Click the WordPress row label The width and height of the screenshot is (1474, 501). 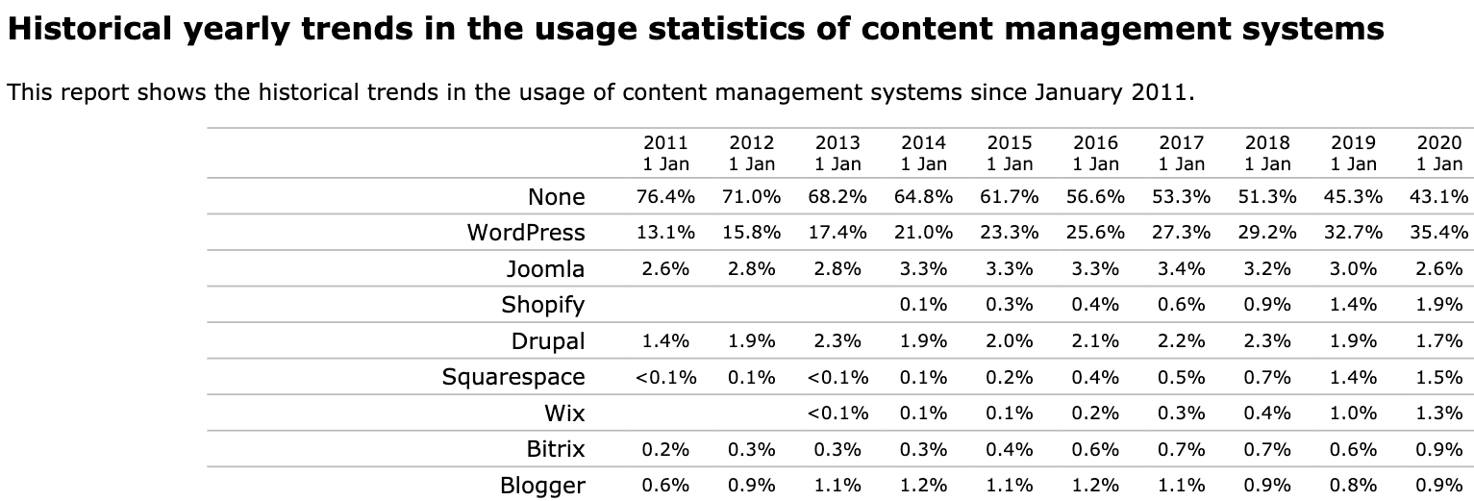tap(525, 233)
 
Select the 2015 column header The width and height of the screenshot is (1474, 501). tap(1010, 153)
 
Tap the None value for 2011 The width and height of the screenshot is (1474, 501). tap(665, 197)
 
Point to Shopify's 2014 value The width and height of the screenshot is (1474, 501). tap(924, 305)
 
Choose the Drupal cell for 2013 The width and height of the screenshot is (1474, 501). tap(837, 341)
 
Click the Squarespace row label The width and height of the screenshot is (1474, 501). tap(513, 377)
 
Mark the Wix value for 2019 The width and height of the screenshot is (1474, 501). tap(1354, 413)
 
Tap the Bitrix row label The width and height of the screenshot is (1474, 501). tap(556, 449)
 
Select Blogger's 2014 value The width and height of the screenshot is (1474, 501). tap(924, 486)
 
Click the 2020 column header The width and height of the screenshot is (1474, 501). tap(1439, 153)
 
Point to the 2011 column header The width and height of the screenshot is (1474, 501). tap(665, 153)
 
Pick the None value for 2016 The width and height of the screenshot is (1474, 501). tap(1095, 197)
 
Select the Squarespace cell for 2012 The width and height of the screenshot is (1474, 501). tap(752, 377)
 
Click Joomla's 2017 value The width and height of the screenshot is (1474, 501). tap(1182, 269)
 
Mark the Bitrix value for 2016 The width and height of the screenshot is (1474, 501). tap(1095, 449)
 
